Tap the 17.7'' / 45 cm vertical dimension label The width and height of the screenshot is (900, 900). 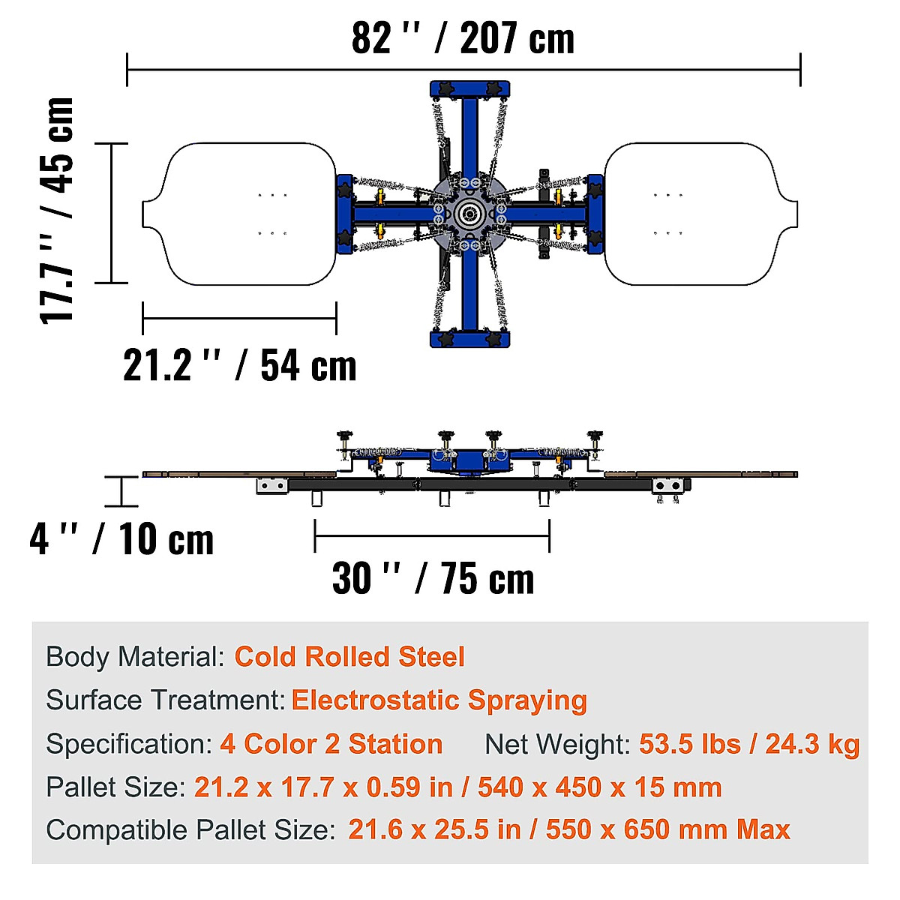pos(57,211)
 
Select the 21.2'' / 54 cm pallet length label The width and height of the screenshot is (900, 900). pos(239,366)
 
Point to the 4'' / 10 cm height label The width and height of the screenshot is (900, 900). pos(121,539)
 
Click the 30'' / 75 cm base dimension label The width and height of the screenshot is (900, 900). pos(433,578)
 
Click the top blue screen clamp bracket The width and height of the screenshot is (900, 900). pos(470,89)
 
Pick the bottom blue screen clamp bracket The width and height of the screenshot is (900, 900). pos(470,339)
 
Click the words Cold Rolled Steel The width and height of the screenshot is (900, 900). pos(349,657)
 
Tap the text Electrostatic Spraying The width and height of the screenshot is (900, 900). pos(439,700)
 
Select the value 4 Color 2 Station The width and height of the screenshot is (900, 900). pos(331,744)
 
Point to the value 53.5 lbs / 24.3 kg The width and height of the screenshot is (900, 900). pos(748,744)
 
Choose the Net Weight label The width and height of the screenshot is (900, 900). pos(557,744)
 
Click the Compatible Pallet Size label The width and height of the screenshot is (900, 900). pos(190,830)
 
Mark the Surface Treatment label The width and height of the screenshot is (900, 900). pos(165,700)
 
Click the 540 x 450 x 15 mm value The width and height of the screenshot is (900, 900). pos(599,787)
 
